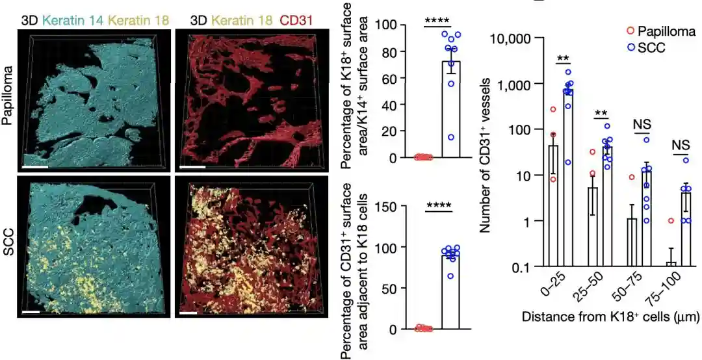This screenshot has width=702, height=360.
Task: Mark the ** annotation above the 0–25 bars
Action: pyautogui.click(x=563, y=57)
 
